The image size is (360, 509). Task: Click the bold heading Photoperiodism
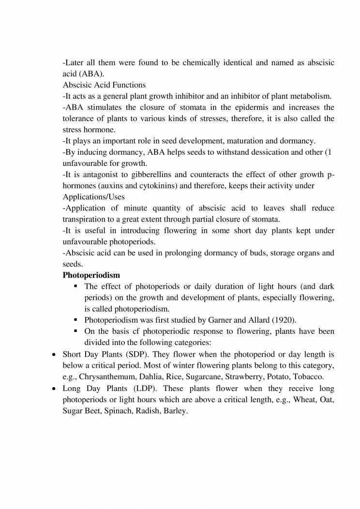pyautogui.click(x=91, y=275)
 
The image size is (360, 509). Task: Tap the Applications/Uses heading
pyautogui.click(x=94, y=197)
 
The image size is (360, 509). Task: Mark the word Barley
pyautogui.click(x=175, y=411)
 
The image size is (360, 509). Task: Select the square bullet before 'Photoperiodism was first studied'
pyautogui.click(x=76, y=320)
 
